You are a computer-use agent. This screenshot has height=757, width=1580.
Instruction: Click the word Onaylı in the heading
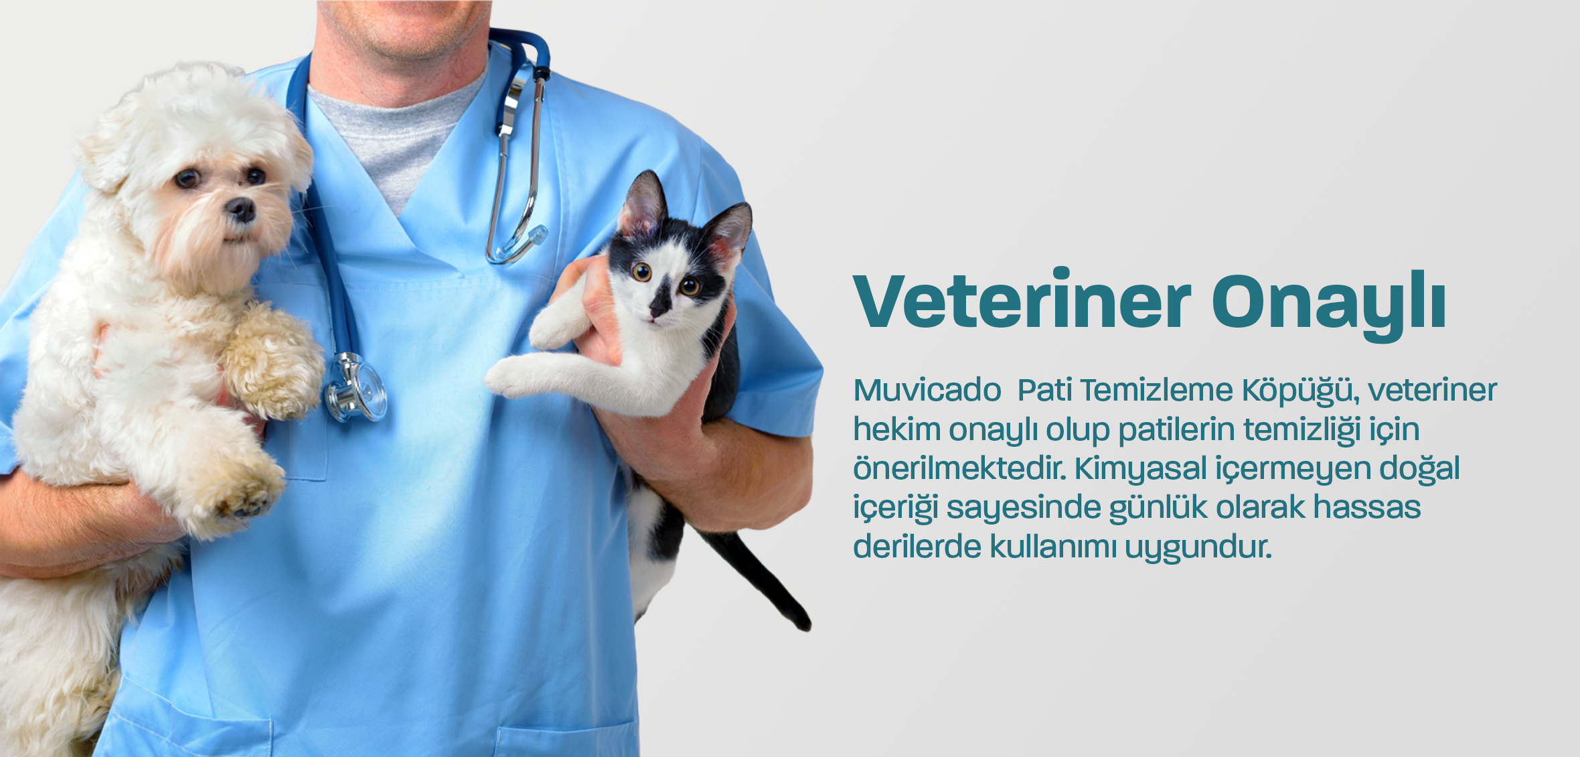click(x=1329, y=305)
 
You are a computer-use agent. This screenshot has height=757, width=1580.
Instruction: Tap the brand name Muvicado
click(x=927, y=390)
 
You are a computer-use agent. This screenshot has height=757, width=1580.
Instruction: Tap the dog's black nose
click(x=240, y=210)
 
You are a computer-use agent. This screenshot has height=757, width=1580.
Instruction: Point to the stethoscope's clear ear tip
click(x=536, y=235)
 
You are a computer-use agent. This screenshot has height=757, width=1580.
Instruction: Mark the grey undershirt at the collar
click(x=395, y=134)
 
